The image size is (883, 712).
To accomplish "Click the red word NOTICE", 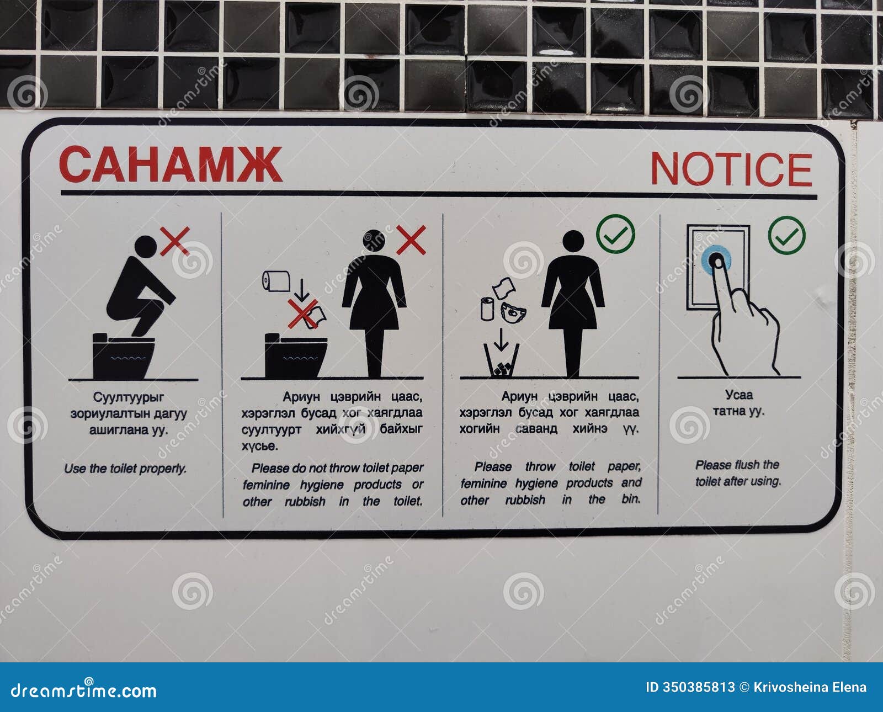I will [731, 169].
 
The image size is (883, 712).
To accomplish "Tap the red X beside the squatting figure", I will [174, 241].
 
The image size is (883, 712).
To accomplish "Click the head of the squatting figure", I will [146, 247].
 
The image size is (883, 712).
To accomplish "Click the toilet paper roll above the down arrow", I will [276, 281].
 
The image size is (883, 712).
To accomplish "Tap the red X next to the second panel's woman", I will [411, 240].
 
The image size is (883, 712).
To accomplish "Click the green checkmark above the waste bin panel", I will [615, 234].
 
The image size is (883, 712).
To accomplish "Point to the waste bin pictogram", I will [501, 361].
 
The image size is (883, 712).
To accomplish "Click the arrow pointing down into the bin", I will [501, 339].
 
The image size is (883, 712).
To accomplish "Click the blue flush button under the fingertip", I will [716, 259].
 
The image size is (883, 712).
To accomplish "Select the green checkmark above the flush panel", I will [787, 235].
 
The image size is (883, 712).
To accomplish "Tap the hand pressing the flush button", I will [742, 326].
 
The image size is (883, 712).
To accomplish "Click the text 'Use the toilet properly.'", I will [125, 469].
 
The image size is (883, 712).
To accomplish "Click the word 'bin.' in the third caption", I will [631, 499].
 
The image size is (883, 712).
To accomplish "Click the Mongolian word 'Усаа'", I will [739, 395].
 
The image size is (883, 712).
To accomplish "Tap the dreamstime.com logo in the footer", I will [84, 690].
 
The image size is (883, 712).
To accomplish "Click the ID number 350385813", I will [699, 687].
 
